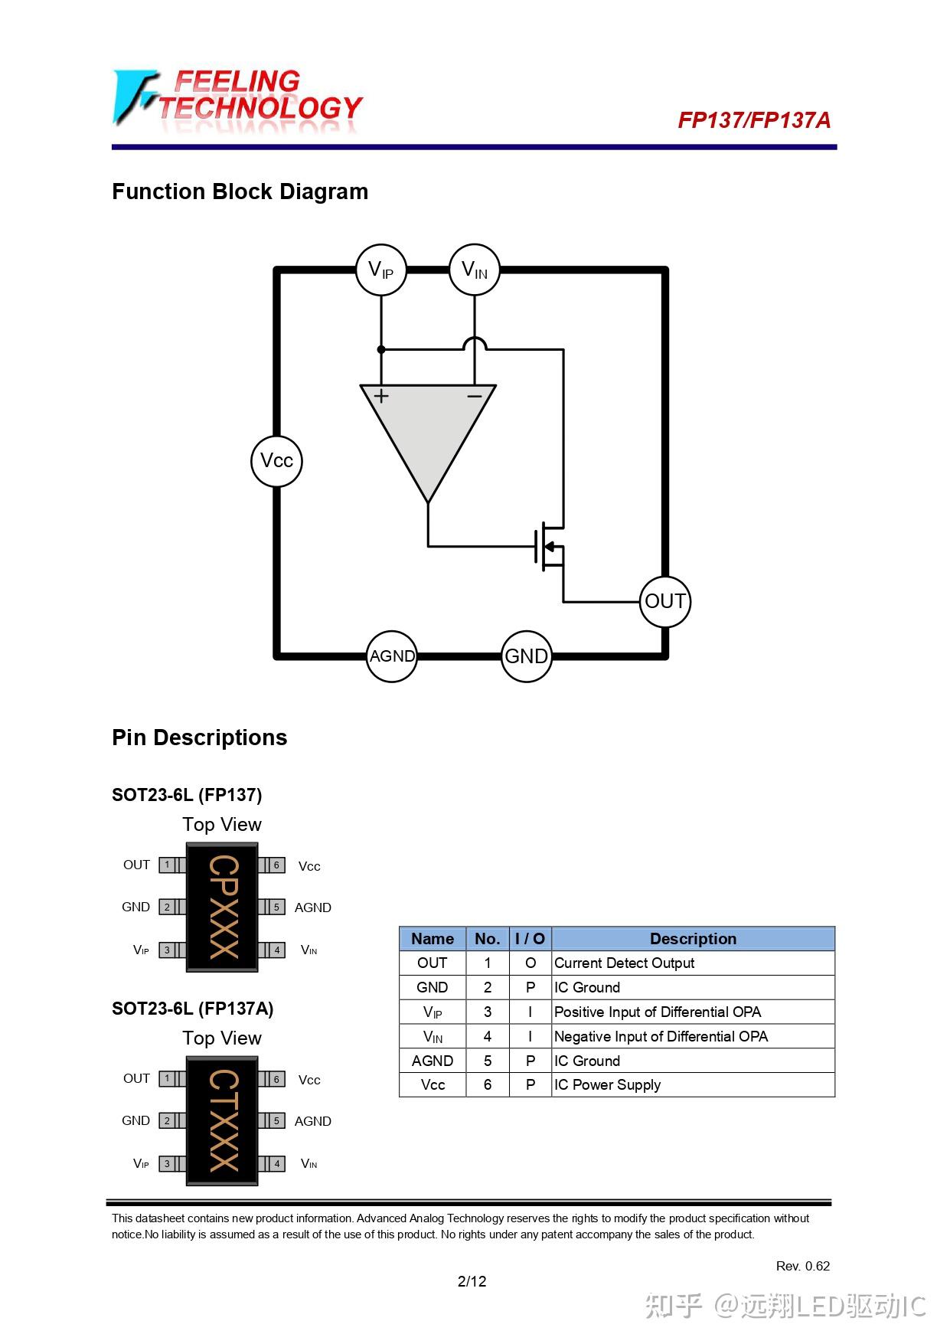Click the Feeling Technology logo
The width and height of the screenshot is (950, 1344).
click(x=237, y=100)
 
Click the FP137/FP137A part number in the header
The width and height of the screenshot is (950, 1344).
click(x=754, y=120)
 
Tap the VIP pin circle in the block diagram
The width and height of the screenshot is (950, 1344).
click(x=381, y=270)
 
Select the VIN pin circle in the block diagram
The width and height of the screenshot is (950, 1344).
click(x=475, y=270)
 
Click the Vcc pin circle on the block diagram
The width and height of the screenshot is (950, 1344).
click(x=276, y=461)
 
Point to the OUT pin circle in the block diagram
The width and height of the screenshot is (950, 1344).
click(x=664, y=602)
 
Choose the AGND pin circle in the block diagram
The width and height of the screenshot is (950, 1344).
click(x=392, y=656)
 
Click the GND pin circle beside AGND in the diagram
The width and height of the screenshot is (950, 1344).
click(x=527, y=656)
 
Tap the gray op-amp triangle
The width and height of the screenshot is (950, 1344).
click(x=428, y=429)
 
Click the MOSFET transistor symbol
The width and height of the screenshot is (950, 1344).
click(x=550, y=546)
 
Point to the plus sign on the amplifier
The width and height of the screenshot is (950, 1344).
click(x=381, y=396)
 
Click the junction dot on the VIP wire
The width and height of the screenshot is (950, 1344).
click(x=381, y=349)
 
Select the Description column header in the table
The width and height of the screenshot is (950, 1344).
click(x=693, y=939)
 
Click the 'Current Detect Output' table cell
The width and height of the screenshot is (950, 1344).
click(x=624, y=963)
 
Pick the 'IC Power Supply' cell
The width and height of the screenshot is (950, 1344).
click(x=607, y=1085)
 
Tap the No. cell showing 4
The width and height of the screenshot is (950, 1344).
click(x=488, y=1036)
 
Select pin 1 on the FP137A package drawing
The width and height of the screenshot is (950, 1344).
click(x=167, y=1079)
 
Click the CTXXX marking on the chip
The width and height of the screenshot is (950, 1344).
click(x=223, y=1120)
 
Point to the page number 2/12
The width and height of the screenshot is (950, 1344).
click(x=472, y=1281)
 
